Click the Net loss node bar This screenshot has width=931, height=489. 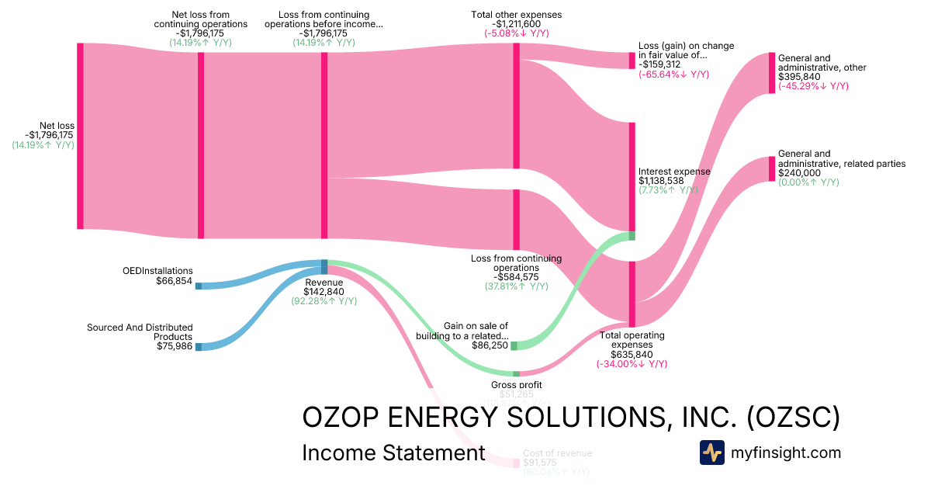(x=80, y=136)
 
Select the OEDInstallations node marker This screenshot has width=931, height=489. (x=198, y=286)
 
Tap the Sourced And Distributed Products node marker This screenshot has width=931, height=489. (x=198, y=347)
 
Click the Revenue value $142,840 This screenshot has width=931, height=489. (x=324, y=292)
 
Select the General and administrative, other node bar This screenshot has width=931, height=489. (x=771, y=73)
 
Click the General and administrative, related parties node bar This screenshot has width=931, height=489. (x=771, y=168)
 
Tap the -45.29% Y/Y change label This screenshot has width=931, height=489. (x=813, y=86)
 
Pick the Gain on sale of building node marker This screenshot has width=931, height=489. (x=514, y=345)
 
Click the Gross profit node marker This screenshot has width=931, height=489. (x=516, y=374)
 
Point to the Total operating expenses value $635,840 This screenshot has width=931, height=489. (x=632, y=355)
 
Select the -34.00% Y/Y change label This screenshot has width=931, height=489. (x=632, y=364)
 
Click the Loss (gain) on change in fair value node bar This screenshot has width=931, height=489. (x=632, y=61)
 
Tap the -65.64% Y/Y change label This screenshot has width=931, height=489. (x=673, y=75)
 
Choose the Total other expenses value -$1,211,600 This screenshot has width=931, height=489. (x=516, y=24)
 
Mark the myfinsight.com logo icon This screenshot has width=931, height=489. (x=711, y=453)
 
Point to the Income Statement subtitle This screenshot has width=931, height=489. (x=393, y=453)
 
